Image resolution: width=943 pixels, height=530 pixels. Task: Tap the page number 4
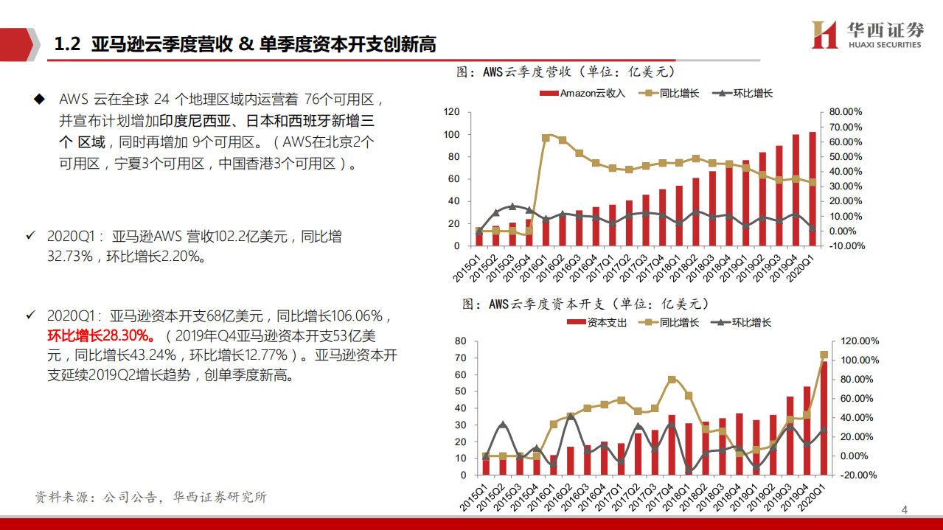coord(905,510)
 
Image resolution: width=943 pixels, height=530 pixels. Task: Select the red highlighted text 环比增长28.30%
coord(101,336)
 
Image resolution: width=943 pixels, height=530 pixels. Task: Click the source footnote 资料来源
coord(151,498)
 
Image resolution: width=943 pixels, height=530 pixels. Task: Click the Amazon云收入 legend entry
coord(582,94)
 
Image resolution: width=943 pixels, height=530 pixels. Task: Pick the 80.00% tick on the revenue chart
coord(846,112)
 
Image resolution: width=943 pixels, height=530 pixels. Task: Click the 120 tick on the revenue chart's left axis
coord(452,112)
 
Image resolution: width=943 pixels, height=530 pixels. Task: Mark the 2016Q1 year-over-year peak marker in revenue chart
coord(546,138)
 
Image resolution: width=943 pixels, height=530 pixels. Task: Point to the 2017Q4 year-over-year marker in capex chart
coord(671,380)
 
